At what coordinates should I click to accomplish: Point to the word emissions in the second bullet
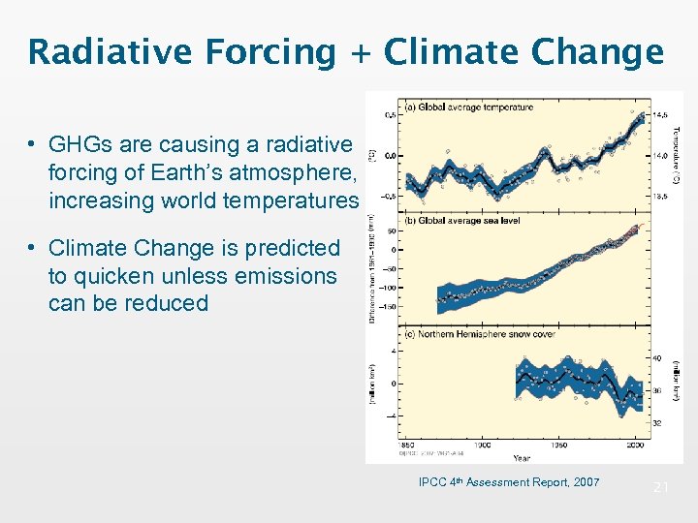289,276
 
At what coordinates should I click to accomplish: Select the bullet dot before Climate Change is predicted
32,249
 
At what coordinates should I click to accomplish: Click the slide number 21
660,487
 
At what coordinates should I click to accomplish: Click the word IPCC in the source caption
432,482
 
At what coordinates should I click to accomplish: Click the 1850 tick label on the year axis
407,446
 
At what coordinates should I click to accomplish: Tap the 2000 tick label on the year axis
634,446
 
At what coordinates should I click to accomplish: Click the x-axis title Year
521,458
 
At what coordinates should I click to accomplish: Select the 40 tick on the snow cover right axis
655,358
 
